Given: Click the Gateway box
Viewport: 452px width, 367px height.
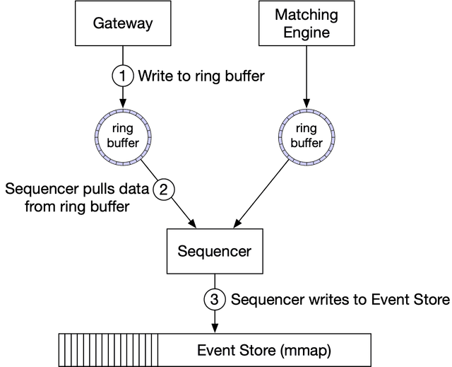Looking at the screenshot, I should pos(123,23).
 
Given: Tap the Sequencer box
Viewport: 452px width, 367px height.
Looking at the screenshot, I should pos(214,251).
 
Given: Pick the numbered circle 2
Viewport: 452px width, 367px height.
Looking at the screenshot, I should pos(164,190).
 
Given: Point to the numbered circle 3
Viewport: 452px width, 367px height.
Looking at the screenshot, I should pos(215,300).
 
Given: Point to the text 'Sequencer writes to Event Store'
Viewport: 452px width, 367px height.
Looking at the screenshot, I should pos(340,300).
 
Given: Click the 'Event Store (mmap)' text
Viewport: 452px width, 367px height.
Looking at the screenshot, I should pos(263,350).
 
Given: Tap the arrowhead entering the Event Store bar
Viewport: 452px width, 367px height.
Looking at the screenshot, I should pos(215,327).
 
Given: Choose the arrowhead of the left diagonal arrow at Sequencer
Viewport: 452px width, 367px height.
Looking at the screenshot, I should pos(195,224).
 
